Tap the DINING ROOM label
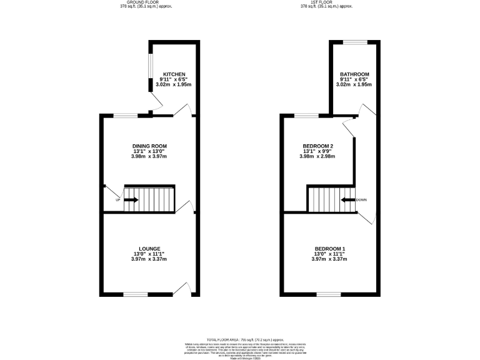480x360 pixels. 149,146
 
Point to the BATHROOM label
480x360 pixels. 354,74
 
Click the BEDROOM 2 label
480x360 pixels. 317,146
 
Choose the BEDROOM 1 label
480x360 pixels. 329,249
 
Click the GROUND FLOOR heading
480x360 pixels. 146,2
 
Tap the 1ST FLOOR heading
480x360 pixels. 327,2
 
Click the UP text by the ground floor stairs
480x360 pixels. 117,200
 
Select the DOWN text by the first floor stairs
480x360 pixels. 361,200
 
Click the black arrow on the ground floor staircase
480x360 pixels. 131,200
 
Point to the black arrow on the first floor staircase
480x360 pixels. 347,200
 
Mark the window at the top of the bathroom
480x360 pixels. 354,42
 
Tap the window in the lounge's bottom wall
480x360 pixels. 135,294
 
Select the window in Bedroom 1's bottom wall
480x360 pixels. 329,294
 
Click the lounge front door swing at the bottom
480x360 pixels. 182,288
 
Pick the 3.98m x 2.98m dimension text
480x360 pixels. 317,156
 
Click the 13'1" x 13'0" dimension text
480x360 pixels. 149,151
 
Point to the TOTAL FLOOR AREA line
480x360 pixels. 239,338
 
